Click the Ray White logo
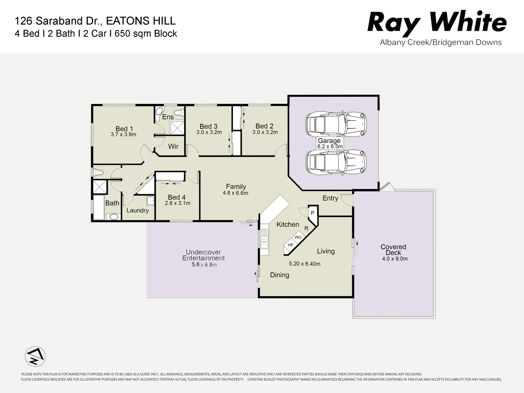coord(437,23)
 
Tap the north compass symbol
coord(35,356)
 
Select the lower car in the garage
coord(336,162)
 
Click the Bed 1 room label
coord(124,129)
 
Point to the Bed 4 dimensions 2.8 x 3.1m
coord(177,203)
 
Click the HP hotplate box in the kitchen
coord(290,245)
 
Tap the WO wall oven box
coord(298,237)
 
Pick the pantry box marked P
coord(312,213)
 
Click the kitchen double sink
coord(264,239)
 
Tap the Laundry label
coord(138,210)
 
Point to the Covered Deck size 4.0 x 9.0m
coord(394,259)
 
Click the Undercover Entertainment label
coord(203,255)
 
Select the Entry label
coord(330,198)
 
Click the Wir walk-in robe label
coord(173,146)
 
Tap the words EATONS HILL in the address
coord(140,21)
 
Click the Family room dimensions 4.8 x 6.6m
coord(235,193)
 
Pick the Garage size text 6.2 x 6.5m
coord(329,147)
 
